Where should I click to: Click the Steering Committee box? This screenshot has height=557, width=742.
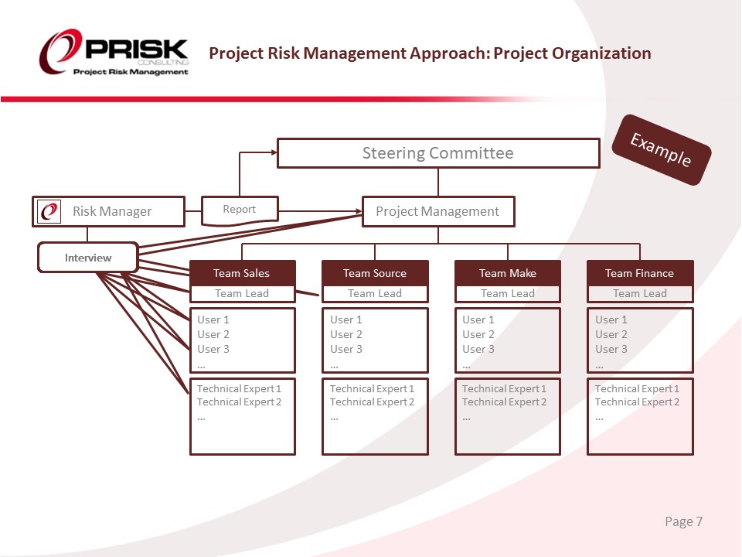[x=438, y=153]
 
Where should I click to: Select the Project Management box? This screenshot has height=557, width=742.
[x=437, y=211]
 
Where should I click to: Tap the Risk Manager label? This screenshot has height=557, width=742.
[x=112, y=211]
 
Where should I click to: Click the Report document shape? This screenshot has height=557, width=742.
[x=239, y=210]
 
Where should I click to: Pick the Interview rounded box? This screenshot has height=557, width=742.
[x=88, y=258]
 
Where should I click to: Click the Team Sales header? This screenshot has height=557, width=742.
[x=242, y=273]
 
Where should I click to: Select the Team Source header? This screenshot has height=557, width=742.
[x=375, y=273]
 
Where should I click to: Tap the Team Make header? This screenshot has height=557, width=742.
[x=508, y=273]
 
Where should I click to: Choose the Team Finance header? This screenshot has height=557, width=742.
[x=639, y=273]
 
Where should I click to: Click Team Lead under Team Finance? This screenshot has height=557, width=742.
[x=640, y=293]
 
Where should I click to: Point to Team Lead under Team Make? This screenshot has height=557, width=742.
[x=508, y=293]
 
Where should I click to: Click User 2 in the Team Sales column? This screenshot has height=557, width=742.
[x=213, y=334]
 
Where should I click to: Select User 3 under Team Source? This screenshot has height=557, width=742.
[x=346, y=349]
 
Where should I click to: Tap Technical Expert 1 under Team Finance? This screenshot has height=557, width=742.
[x=637, y=388]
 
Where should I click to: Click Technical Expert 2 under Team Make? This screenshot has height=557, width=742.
[x=504, y=402]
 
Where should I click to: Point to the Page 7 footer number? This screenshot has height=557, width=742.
[x=683, y=521]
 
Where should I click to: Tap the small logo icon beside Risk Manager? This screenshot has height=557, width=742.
[x=49, y=211]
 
